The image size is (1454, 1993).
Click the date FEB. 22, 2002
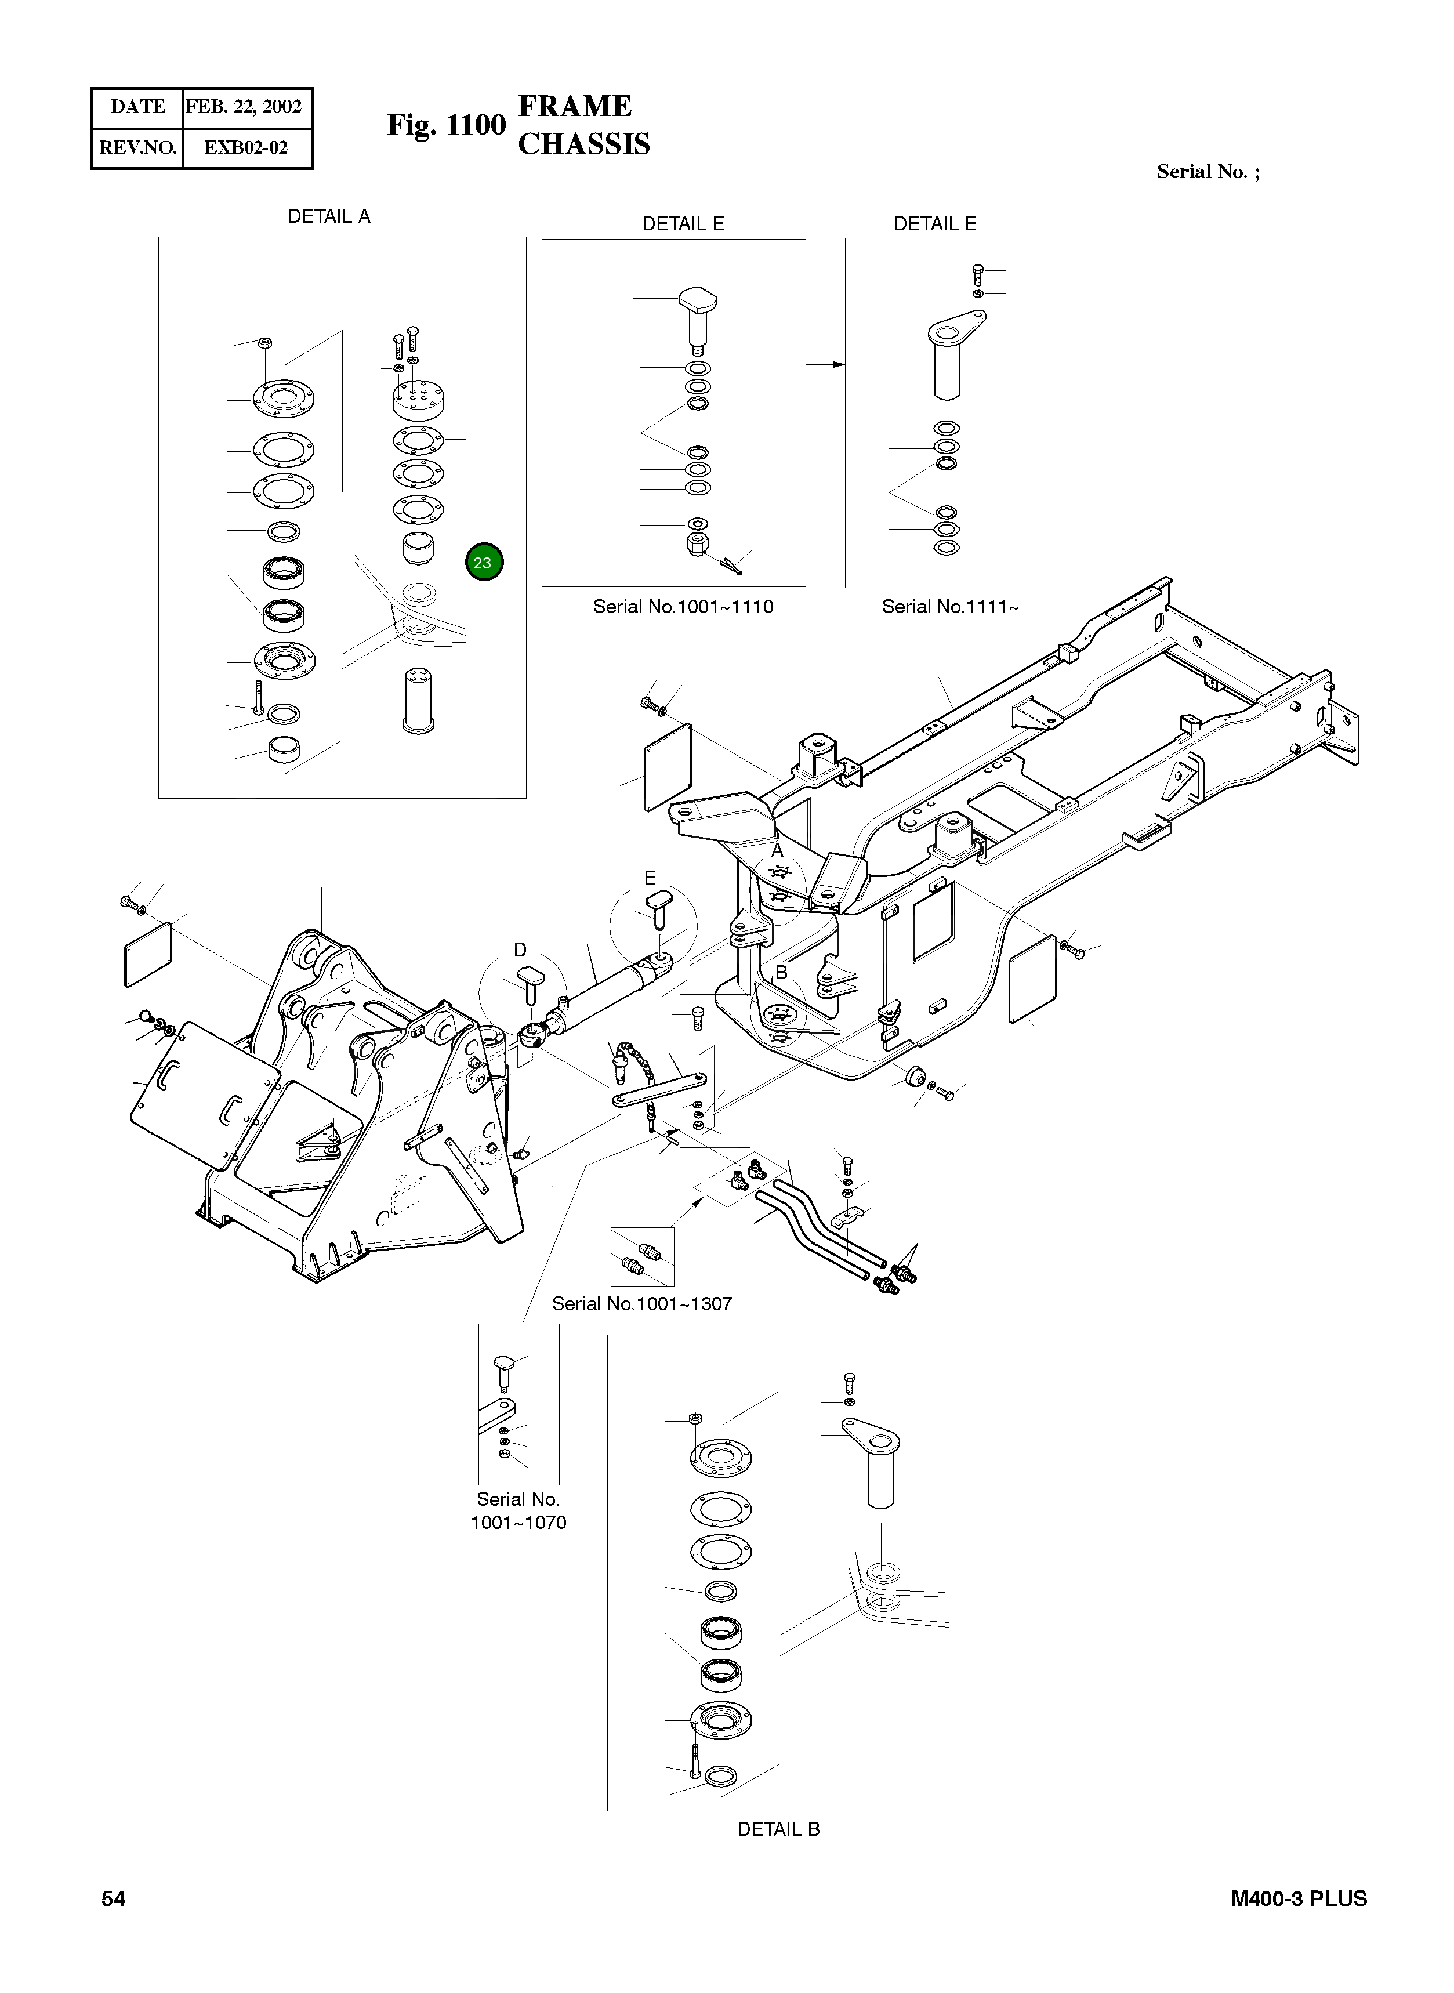coord(244,107)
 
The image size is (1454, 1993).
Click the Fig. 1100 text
coord(446,125)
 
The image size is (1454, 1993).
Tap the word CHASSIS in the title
coord(583,144)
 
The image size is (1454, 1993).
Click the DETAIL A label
coord(329,216)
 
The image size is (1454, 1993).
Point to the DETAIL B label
coord(778,1829)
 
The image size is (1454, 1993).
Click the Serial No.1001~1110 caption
coord(683,607)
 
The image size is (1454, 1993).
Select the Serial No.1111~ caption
coord(949,607)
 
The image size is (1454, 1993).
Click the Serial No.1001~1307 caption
coord(641,1304)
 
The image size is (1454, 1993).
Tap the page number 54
coord(114,1899)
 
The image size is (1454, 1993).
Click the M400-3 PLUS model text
coord(1298,1899)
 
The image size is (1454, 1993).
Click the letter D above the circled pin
coord(520,950)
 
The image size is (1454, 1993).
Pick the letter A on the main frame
coord(777,851)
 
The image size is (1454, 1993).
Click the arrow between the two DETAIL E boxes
coord(825,364)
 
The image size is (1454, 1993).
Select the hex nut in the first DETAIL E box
coord(697,542)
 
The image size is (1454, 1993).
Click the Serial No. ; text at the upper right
coord(1208,172)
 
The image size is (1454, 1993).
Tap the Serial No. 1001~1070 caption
coord(518,1510)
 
